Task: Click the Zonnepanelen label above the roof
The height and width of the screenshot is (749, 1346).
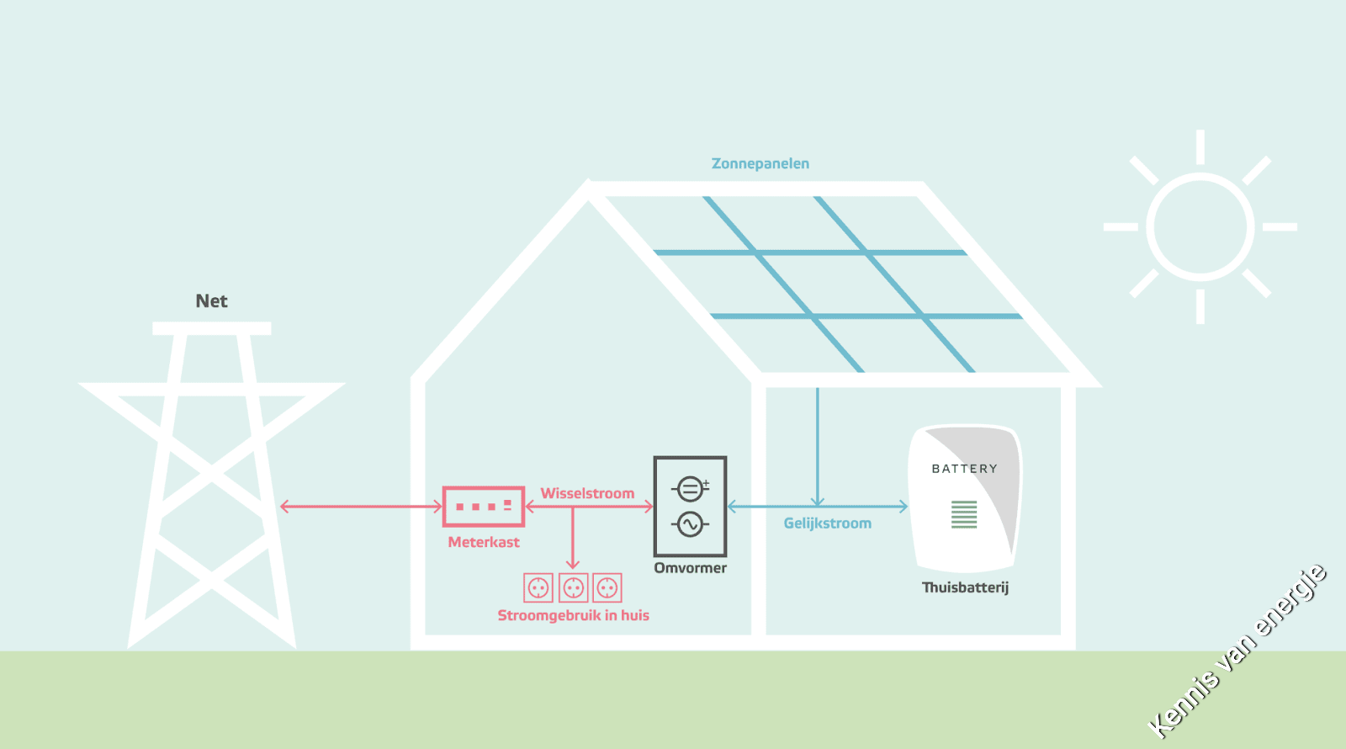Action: click(x=760, y=163)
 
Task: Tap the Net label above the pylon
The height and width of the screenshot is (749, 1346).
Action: click(x=211, y=301)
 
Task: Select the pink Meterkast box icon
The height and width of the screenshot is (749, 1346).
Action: click(x=484, y=506)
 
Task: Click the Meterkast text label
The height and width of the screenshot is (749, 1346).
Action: click(x=484, y=542)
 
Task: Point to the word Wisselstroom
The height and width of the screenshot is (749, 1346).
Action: click(x=587, y=493)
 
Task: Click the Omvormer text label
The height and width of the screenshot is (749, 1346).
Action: click(x=690, y=568)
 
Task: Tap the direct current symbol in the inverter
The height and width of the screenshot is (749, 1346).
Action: click(x=690, y=488)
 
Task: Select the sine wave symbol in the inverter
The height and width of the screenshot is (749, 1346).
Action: click(x=690, y=525)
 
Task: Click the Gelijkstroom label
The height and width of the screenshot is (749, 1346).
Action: click(x=827, y=523)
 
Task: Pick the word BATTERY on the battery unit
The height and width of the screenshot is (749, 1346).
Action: click(x=964, y=469)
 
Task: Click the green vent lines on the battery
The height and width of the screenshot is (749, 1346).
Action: click(x=964, y=514)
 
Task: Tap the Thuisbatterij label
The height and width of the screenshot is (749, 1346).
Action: click(x=965, y=587)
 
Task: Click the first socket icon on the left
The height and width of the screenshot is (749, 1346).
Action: click(x=538, y=587)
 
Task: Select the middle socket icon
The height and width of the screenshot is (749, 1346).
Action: click(x=573, y=587)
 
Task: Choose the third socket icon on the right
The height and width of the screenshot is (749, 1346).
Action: click(x=607, y=587)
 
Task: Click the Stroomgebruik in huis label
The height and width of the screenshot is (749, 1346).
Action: click(x=573, y=615)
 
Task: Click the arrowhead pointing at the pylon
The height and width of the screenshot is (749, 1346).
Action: click(x=284, y=506)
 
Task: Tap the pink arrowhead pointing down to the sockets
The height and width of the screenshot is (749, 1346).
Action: click(x=573, y=564)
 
